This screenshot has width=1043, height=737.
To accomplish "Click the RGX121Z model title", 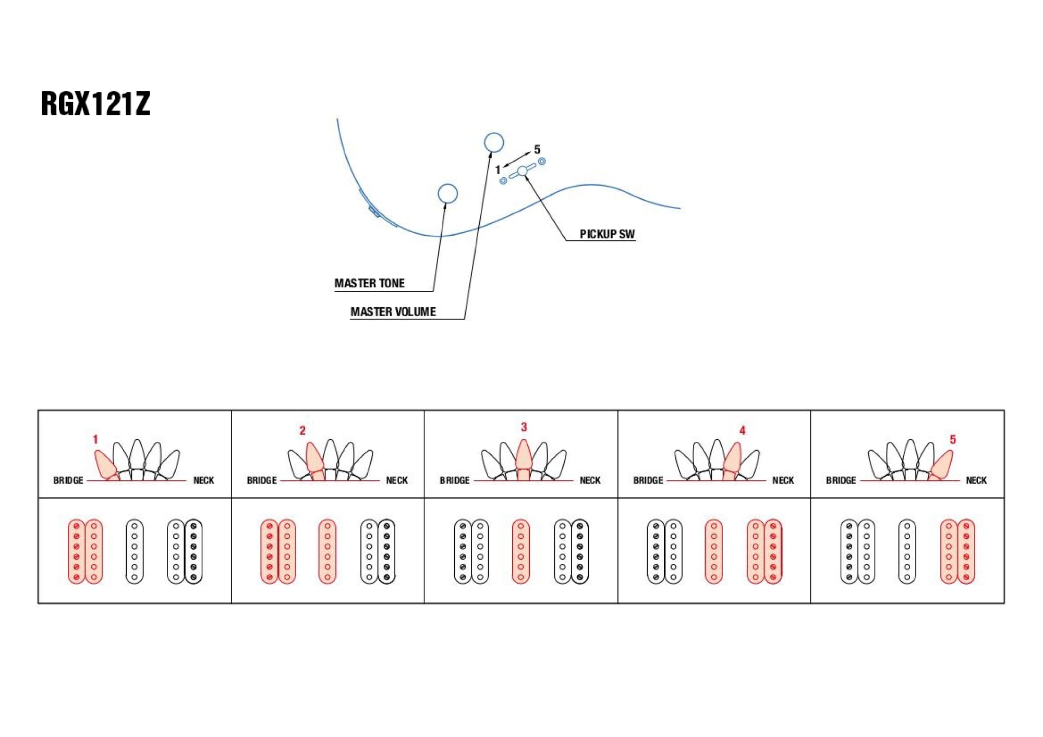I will (95, 103).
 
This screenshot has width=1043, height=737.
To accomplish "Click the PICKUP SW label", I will (607, 234).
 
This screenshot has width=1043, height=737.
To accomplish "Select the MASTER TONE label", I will (369, 283).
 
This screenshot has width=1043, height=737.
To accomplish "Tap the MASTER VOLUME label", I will (393, 312).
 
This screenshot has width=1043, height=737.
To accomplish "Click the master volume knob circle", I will (494, 142).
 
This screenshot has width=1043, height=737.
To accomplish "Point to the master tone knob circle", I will (447, 194).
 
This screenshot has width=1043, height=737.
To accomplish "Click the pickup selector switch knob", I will (523, 171).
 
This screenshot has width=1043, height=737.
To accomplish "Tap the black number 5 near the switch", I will (537, 150).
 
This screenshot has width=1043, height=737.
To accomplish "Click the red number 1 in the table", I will (95, 440).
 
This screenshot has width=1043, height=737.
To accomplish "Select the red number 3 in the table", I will (524, 427).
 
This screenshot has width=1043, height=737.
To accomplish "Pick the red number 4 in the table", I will (743, 430).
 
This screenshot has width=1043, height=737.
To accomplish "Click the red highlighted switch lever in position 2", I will (314, 457).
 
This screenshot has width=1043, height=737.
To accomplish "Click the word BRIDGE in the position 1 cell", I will (68, 480).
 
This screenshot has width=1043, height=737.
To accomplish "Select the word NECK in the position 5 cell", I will (976, 480).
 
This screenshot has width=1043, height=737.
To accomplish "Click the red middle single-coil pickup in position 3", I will (520, 551).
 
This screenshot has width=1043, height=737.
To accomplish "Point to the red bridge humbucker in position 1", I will (85, 551).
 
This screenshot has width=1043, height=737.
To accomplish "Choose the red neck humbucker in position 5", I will (957, 551).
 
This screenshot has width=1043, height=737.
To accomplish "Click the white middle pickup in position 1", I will (135, 551).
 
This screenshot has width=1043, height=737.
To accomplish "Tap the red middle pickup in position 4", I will (713, 551).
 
